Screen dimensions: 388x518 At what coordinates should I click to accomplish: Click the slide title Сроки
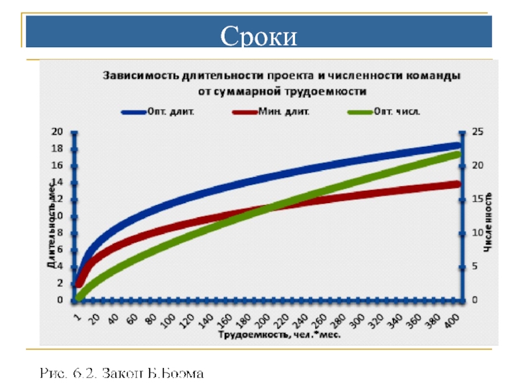point(259,36)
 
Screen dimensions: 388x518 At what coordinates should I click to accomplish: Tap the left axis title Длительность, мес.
point(49,224)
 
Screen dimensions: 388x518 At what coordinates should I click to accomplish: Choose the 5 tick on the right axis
point(476,266)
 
